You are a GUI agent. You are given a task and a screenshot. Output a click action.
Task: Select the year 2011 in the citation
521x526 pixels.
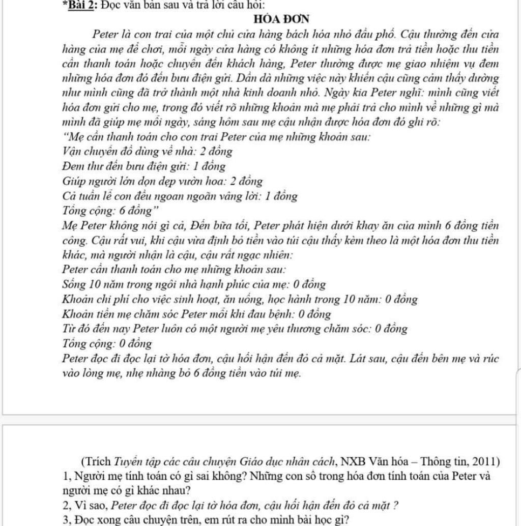[x=485, y=461]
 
